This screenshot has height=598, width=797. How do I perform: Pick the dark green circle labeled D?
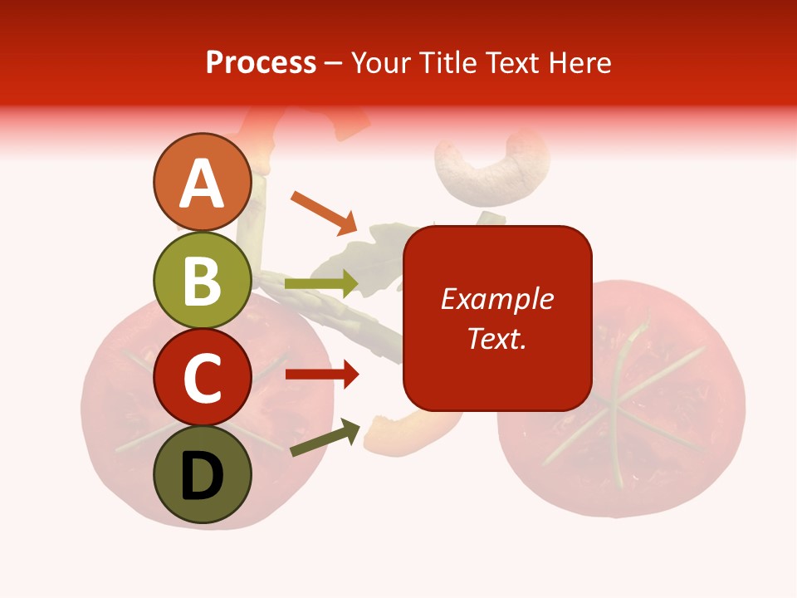click(202, 475)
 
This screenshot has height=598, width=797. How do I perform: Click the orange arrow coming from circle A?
click(324, 213)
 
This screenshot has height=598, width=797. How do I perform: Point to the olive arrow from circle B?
click(320, 284)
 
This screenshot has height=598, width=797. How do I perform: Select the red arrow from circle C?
click(321, 375)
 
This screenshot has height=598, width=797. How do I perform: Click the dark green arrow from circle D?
click(325, 439)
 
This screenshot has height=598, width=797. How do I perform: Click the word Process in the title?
click(261, 63)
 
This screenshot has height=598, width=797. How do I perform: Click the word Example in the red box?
click(497, 299)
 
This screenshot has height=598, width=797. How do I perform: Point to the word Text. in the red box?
click(497, 338)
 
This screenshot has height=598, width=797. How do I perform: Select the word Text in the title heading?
click(511, 63)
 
